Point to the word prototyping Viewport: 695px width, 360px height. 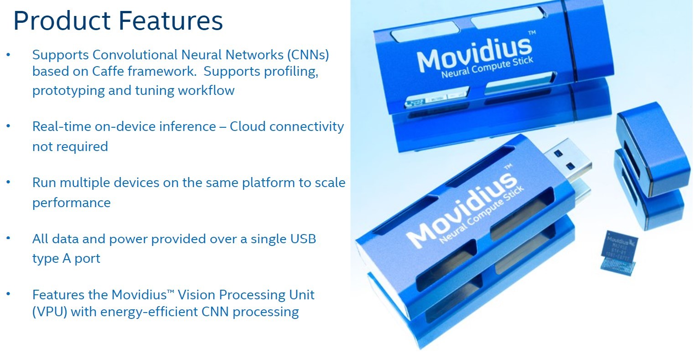[x=68, y=90]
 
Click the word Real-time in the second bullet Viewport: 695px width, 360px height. [x=62, y=126]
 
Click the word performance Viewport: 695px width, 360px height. [x=71, y=203]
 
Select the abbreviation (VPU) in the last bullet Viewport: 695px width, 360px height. [x=50, y=312]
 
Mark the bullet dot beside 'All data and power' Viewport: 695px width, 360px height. [x=8, y=238]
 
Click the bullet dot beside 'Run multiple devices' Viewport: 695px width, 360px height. [x=8, y=182]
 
